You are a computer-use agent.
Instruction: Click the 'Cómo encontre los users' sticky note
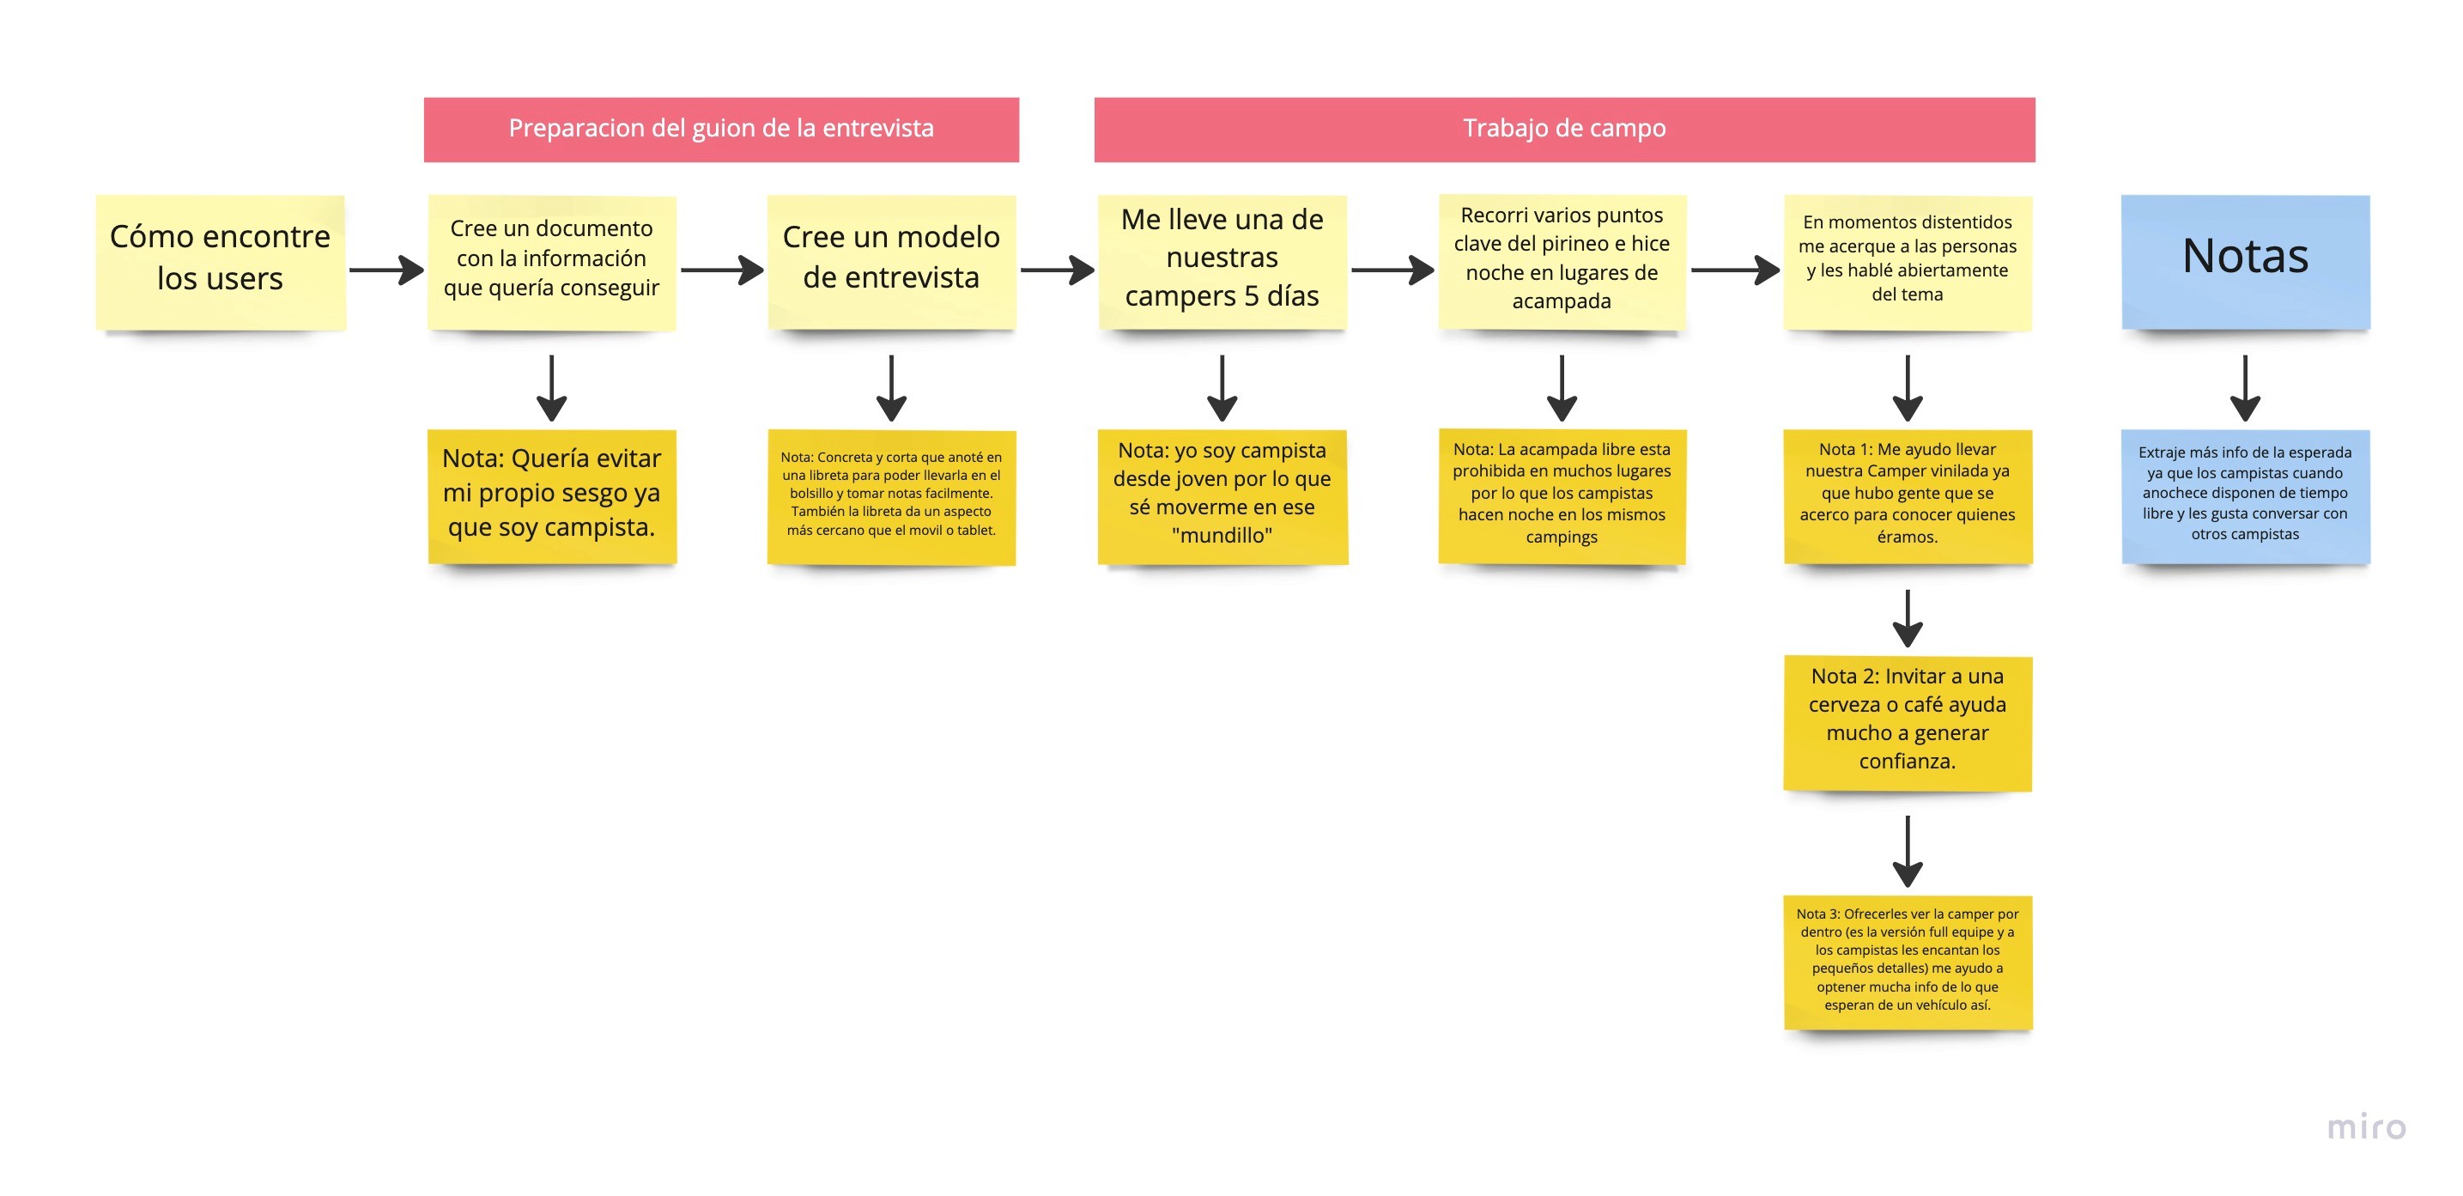click(x=220, y=262)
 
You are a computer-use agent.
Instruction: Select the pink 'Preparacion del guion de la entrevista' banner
click(x=721, y=129)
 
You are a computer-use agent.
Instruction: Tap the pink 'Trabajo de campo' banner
click(x=1564, y=129)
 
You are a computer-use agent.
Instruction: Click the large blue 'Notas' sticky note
click(x=2245, y=262)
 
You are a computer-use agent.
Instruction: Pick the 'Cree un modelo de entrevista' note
click(x=891, y=262)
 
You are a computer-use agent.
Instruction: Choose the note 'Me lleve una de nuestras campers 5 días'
click(x=1222, y=262)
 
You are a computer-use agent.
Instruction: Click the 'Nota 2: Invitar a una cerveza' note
click(x=1907, y=723)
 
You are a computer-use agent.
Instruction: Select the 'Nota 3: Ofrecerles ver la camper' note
click(x=1907, y=962)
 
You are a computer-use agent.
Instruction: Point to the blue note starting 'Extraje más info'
click(x=2245, y=495)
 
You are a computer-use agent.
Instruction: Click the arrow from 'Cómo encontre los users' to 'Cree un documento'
click(x=386, y=270)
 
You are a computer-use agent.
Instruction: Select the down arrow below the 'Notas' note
click(x=2245, y=387)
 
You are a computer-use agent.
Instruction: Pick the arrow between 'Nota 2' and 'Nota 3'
click(x=1908, y=850)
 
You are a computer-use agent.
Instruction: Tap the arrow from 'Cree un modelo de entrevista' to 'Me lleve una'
click(x=1057, y=270)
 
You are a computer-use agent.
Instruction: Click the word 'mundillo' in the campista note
click(x=1222, y=536)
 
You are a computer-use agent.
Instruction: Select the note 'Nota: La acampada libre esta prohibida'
click(x=1562, y=495)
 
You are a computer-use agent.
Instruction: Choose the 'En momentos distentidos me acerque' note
click(x=1907, y=262)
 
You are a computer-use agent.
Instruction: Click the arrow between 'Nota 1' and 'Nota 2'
click(x=1908, y=617)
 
